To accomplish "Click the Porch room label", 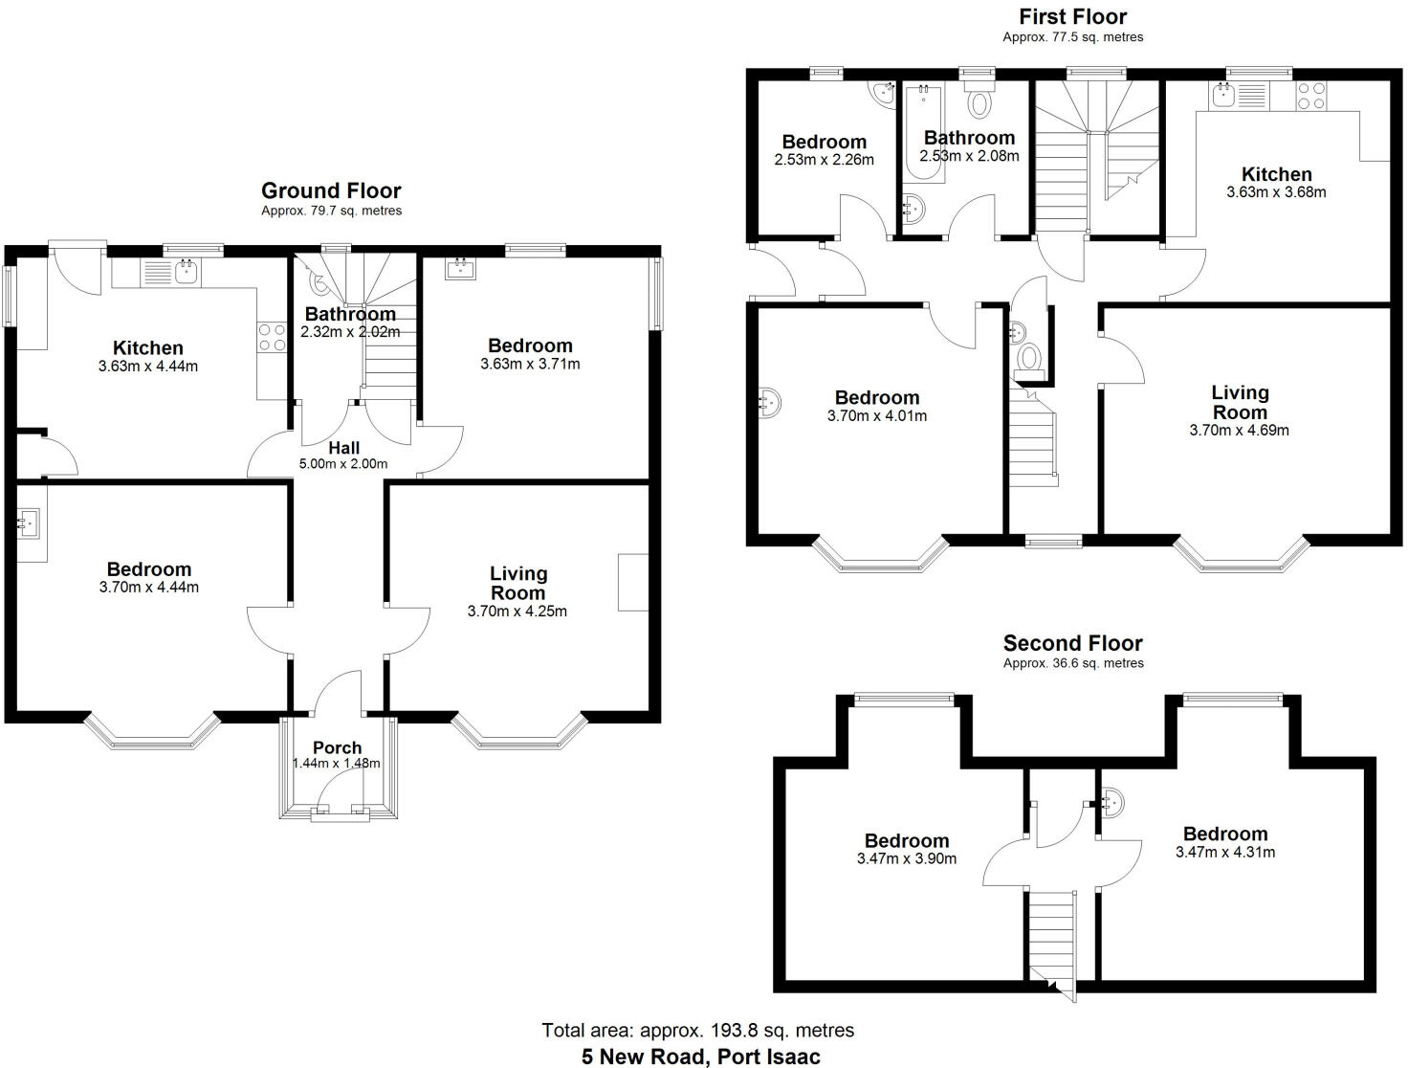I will tap(337, 747).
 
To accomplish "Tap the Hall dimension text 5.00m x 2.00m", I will tap(344, 464).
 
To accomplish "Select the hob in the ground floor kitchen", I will tap(273, 337).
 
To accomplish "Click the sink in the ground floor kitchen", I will tap(184, 274).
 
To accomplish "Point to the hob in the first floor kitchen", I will tap(1310, 95).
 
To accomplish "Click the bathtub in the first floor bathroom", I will tap(923, 132).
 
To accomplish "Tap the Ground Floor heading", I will tap(331, 190).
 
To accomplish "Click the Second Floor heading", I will tap(1072, 643).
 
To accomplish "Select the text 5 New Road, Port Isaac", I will tap(700, 1057).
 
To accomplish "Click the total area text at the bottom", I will tap(697, 1031).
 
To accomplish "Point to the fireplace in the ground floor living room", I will tap(633, 581).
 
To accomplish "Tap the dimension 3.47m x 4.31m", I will tap(1224, 852).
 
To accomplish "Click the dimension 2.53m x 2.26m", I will tap(824, 160).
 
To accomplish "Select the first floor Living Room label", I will tap(1240, 402).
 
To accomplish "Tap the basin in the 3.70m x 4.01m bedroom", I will tap(769, 403).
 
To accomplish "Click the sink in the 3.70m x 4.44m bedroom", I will tap(30, 522).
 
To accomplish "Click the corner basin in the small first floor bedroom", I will tap(882, 93).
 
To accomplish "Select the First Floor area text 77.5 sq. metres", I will tap(1072, 37).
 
